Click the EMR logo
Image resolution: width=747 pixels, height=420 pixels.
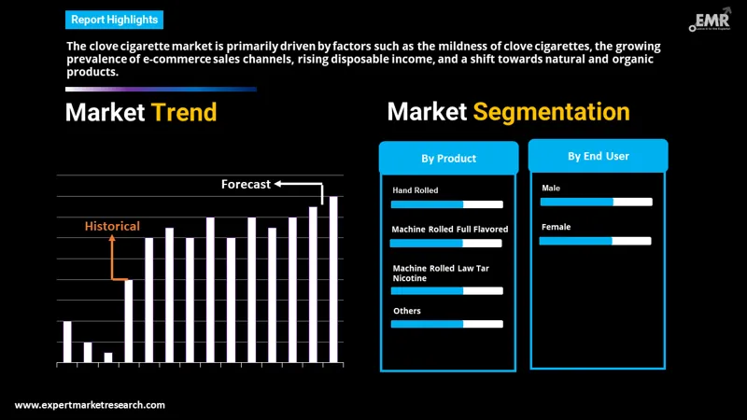click(x=712, y=21)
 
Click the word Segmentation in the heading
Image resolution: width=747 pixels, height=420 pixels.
click(x=551, y=112)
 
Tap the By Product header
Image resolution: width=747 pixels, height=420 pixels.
click(x=448, y=159)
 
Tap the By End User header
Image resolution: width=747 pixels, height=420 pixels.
click(x=599, y=156)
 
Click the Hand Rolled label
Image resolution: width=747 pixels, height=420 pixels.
click(x=416, y=190)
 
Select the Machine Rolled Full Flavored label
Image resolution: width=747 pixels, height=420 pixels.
click(x=450, y=229)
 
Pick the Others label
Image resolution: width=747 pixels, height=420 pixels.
click(x=407, y=311)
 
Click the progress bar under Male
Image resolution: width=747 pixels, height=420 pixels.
click(x=596, y=202)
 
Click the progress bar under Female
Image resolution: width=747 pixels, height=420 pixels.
click(x=596, y=241)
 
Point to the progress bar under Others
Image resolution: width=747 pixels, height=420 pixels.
click(x=446, y=324)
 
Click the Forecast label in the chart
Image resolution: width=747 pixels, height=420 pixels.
click(x=246, y=184)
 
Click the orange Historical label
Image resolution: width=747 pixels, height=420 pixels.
click(x=112, y=226)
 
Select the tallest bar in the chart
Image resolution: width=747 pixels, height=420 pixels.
click(x=333, y=279)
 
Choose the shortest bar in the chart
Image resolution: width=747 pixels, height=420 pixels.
click(x=108, y=357)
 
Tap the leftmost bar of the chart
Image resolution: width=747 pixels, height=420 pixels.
click(x=67, y=341)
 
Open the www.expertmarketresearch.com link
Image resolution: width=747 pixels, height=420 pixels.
click(x=91, y=405)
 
